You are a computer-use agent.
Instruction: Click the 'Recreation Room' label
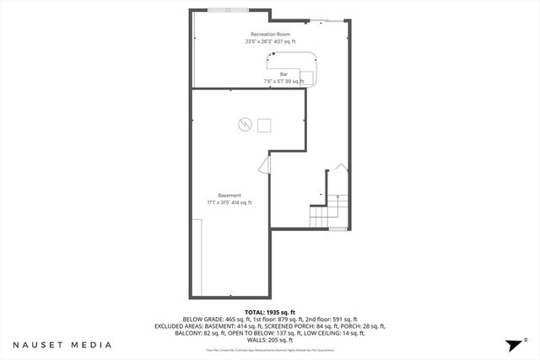pos(270,34)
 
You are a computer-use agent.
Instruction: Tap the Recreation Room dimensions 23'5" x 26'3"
pos(270,41)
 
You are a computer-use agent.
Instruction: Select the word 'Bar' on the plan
pos(283,74)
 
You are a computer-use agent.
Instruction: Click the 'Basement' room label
pos(229,195)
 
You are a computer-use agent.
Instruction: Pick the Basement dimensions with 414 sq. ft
pos(229,202)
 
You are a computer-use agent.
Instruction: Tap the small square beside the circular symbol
pos(264,126)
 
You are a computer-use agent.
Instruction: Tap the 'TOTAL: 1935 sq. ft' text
pos(269,312)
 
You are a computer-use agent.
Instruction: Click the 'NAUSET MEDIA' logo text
pos(62,345)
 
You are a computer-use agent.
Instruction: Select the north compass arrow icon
pos(513,345)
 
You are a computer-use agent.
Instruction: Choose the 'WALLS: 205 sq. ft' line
pos(269,340)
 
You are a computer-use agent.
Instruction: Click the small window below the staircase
pos(337,228)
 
